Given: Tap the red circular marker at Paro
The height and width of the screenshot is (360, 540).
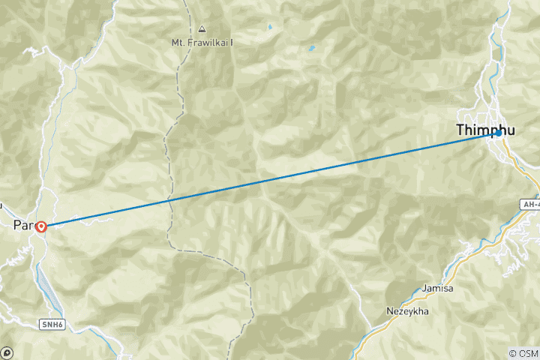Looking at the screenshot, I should click(x=41, y=226).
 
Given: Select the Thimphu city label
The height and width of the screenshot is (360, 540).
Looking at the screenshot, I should click(x=485, y=130).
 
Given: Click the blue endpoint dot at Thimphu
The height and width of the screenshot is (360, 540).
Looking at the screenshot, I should click(x=497, y=133).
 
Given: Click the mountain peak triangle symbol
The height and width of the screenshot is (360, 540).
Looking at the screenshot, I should click(x=202, y=29).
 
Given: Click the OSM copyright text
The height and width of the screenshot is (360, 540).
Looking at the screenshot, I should click(x=523, y=352).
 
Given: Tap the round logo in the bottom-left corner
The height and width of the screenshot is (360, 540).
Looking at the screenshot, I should click(x=7, y=352).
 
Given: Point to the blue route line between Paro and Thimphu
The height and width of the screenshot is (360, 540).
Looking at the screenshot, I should click(x=270, y=178).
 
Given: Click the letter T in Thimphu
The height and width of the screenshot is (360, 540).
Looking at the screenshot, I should click(x=460, y=130).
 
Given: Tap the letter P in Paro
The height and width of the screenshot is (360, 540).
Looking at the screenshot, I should click(x=18, y=225).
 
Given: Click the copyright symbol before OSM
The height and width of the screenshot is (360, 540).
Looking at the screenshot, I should click(x=511, y=352).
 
